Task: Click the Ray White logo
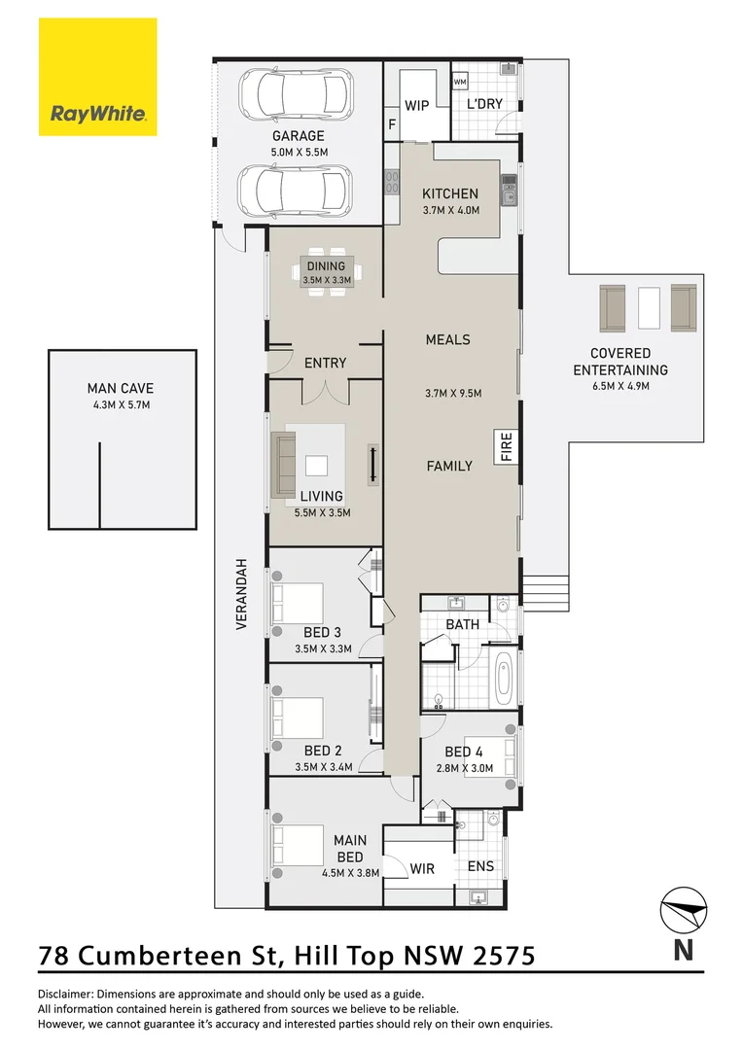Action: (97, 77)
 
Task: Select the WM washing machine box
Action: (460, 82)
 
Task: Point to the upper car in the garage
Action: (295, 95)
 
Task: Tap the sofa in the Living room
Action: (286, 463)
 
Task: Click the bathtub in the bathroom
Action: (505, 680)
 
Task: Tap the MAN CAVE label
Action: (121, 388)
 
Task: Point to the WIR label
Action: (422, 866)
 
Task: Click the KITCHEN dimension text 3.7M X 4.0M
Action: (450, 210)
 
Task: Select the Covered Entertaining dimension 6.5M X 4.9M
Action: (619, 386)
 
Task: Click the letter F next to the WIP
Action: (393, 124)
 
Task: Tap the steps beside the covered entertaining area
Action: (545, 589)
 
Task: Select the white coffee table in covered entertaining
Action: (649, 308)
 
